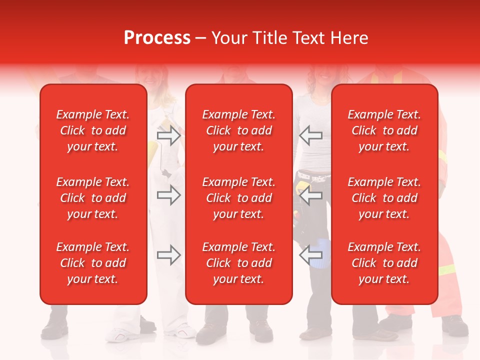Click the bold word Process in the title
[x=157, y=38]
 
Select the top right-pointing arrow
[x=168, y=135]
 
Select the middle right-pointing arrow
[x=168, y=195]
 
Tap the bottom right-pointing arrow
[x=168, y=255]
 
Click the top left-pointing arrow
[x=310, y=135]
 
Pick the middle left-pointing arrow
[x=310, y=195]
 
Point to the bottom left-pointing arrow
[x=310, y=255]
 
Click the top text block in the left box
[x=93, y=130]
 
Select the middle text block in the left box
[x=93, y=198]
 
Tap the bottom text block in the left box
[x=93, y=263]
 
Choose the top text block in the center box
[x=238, y=130]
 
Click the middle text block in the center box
[x=238, y=198]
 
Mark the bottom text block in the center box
[x=238, y=263]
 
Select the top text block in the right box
[x=384, y=130]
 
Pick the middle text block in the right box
[x=384, y=198]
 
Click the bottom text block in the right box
[x=384, y=263]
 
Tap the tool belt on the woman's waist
[x=312, y=177]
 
